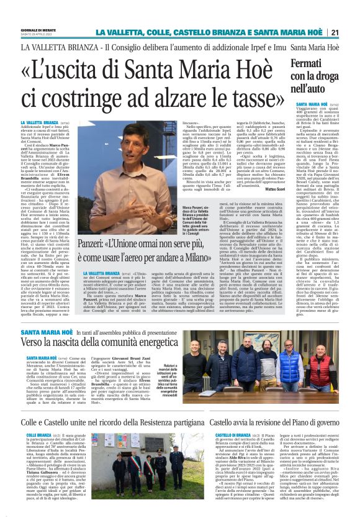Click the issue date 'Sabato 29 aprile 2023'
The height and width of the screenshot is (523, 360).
click(35, 34)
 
